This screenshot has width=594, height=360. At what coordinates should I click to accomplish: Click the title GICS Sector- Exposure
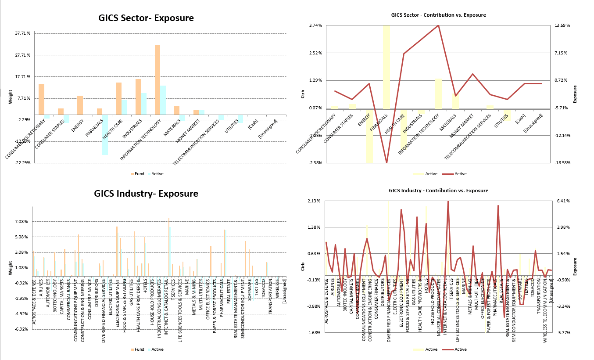pyautogui.click(x=146, y=18)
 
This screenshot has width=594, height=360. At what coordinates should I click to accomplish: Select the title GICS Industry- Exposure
pyautogui.click(x=146, y=194)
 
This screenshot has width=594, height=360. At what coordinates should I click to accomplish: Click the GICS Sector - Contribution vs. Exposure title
pyautogui.click(x=438, y=15)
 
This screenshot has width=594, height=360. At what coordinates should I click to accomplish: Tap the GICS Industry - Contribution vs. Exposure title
pyautogui.click(x=438, y=191)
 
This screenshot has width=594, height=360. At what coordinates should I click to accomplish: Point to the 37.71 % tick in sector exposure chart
pyautogui.click(x=22, y=33)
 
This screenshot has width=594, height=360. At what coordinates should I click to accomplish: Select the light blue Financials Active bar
pyautogui.click(x=105, y=135)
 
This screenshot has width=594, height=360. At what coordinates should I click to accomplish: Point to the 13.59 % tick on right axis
pyautogui.click(x=562, y=25)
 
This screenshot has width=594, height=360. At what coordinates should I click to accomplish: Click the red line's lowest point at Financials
pyautogui.click(x=386, y=163)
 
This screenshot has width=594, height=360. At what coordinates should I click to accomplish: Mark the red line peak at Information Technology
pyautogui.click(x=438, y=25)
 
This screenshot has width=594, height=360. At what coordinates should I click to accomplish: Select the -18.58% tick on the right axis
pyautogui.click(x=562, y=163)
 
